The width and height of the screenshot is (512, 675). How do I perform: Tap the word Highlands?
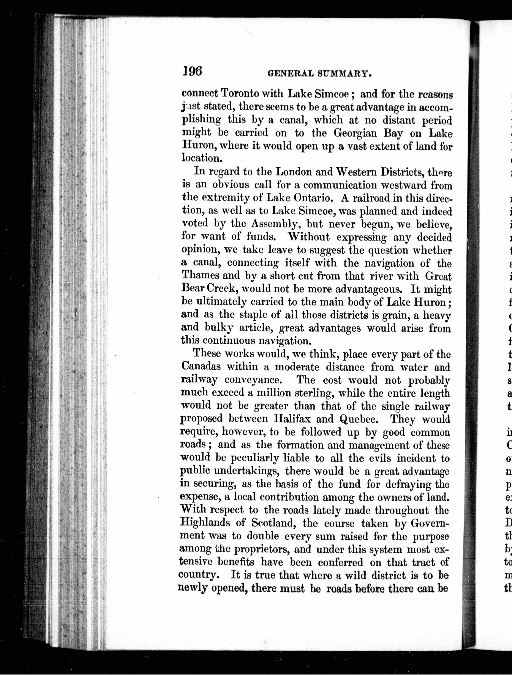click(205, 522)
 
